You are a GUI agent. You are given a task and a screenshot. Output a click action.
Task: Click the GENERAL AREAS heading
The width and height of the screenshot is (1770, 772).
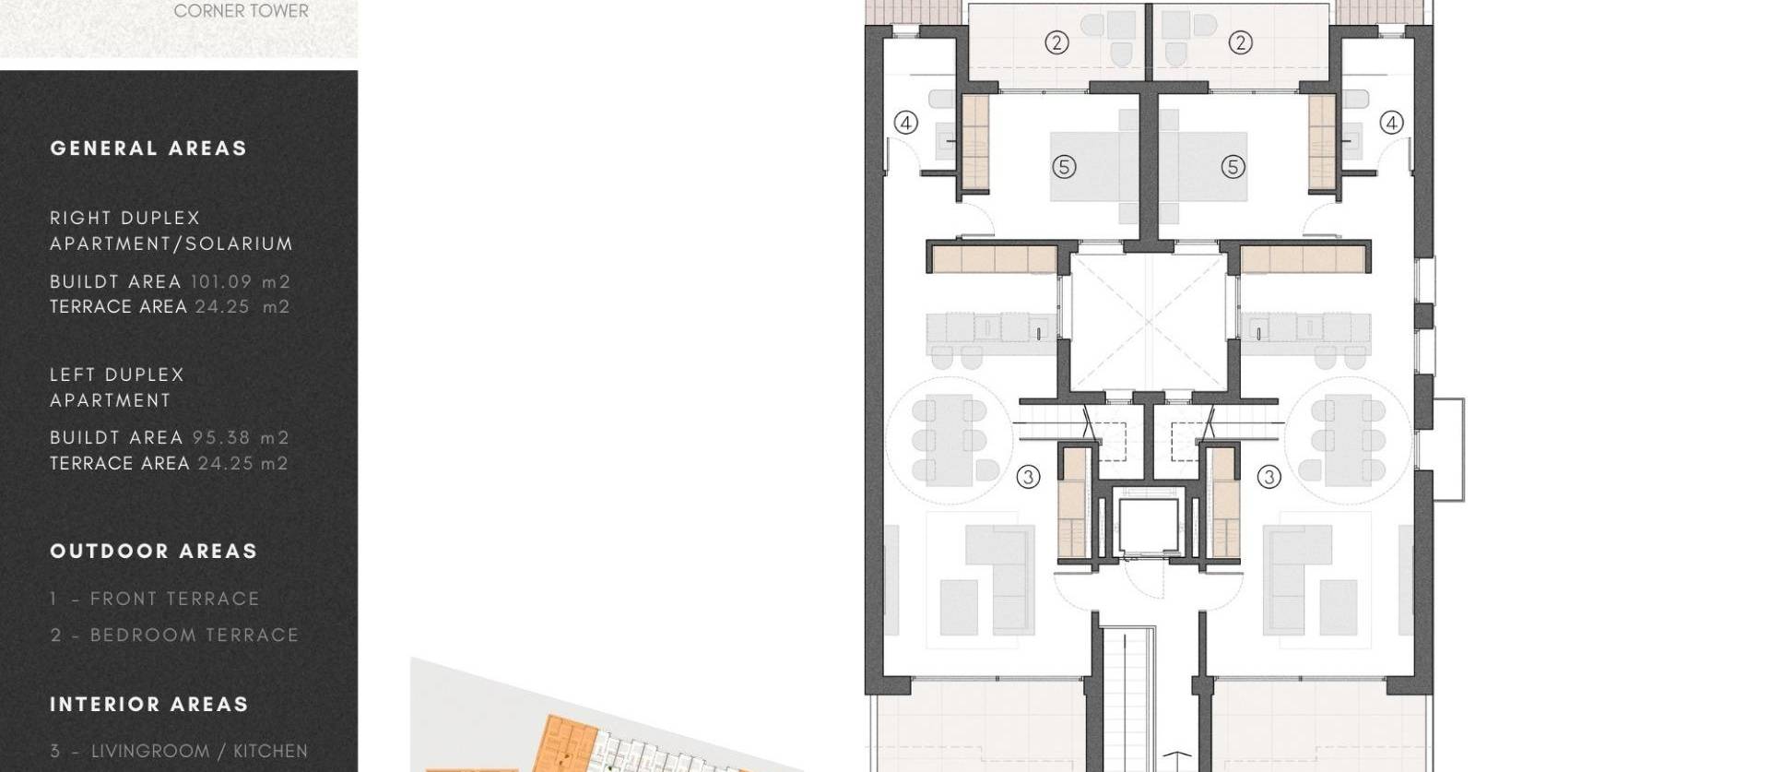tap(148, 148)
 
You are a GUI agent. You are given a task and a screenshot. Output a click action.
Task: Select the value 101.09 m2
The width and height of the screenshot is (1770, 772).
tap(240, 282)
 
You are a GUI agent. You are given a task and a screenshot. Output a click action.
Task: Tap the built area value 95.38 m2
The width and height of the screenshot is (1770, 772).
tap(240, 438)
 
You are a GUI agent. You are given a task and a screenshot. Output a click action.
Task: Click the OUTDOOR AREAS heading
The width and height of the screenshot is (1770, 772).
tap(153, 552)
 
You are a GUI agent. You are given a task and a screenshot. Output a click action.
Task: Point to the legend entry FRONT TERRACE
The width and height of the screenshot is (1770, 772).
tap(174, 599)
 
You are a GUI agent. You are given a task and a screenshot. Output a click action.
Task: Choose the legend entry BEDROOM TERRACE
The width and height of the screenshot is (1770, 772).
tap(194, 635)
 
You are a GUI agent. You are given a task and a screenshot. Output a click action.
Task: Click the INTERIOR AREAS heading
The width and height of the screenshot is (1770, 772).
tap(149, 705)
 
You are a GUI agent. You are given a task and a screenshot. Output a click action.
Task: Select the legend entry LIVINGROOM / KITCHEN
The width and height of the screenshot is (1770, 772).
tap(198, 752)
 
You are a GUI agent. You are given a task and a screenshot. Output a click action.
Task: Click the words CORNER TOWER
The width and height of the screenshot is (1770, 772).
tap(241, 11)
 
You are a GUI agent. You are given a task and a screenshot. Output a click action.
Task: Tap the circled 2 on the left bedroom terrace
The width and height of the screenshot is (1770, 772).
tap(1056, 42)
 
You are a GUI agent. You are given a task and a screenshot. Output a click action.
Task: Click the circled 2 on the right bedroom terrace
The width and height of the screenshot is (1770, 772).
tap(1240, 42)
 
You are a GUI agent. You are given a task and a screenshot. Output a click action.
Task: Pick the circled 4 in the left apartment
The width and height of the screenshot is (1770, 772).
tap(906, 123)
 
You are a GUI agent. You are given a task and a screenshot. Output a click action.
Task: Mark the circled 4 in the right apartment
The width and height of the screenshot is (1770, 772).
tap(1391, 123)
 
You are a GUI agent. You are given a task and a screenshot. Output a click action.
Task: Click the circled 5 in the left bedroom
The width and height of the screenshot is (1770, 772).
tap(1064, 167)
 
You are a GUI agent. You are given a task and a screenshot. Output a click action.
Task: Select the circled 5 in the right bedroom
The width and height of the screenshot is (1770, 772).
tap(1233, 167)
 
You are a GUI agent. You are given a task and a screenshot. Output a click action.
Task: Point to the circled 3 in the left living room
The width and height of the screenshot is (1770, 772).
tap(1028, 477)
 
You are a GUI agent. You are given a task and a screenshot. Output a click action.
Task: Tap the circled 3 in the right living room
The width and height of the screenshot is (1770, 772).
tap(1269, 477)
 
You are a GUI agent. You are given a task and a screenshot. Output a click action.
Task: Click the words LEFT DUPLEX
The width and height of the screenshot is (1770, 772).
tap(117, 375)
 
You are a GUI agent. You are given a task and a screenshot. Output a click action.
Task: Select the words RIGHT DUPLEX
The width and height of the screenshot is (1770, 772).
tap(124, 219)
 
